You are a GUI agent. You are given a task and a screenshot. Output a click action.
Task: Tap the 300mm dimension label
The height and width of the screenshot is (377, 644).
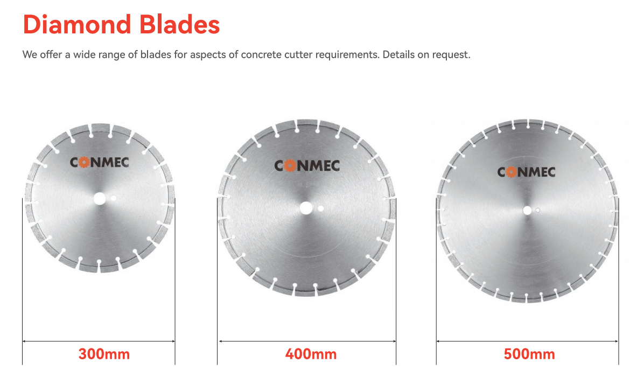[104, 354]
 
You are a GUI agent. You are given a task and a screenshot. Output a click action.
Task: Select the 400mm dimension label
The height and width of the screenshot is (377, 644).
[311, 354]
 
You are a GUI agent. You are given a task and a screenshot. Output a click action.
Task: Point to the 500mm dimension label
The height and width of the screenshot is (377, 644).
[529, 354]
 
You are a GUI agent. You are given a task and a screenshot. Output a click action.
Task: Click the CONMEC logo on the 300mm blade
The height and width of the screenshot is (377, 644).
[100, 162]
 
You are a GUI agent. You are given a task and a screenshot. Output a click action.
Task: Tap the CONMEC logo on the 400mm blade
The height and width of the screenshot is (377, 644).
[307, 165]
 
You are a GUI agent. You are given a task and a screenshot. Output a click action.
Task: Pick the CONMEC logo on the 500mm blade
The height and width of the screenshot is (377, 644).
[526, 172]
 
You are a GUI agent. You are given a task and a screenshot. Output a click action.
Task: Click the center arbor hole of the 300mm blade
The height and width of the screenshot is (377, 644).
[99, 199]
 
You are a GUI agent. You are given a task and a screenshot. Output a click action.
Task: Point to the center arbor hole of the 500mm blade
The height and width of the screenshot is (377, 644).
[527, 210]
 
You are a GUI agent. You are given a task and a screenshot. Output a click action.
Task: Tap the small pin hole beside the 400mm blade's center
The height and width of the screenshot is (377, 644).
[321, 208]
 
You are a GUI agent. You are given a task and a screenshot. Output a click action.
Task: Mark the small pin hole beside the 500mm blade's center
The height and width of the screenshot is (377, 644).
[537, 210]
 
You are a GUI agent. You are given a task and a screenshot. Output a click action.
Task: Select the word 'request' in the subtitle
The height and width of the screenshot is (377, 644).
[452, 55]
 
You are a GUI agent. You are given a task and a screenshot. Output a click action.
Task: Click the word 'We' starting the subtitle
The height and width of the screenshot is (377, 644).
[30, 55]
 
